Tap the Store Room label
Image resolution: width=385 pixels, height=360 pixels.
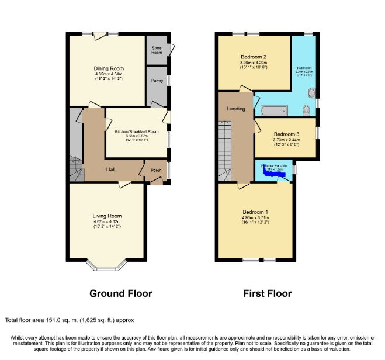pos(157,50)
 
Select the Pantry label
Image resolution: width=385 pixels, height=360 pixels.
pos(157,81)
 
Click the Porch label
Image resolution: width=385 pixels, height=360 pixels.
pos(156,171)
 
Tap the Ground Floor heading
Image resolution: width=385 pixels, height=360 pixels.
pos(121,293)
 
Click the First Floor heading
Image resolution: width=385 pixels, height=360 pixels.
pos(267,293)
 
